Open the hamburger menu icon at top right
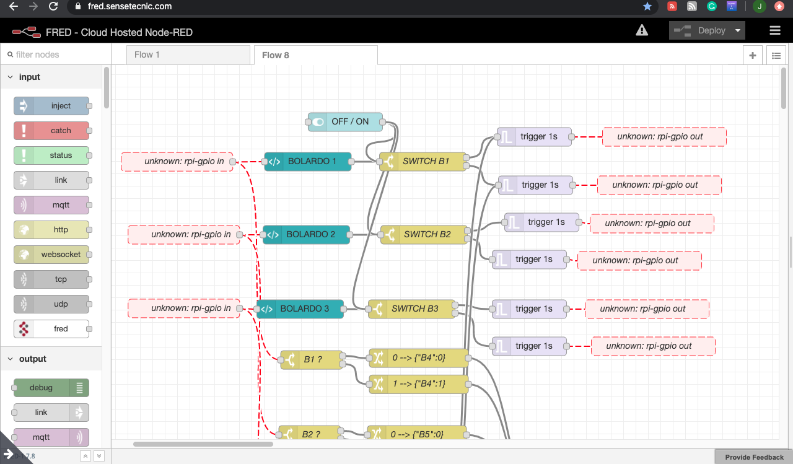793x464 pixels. tap(774, 30)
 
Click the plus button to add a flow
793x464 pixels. tap(753, 55)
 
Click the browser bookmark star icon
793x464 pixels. tap(647, 7)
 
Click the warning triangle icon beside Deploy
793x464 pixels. tap(642, 30)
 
